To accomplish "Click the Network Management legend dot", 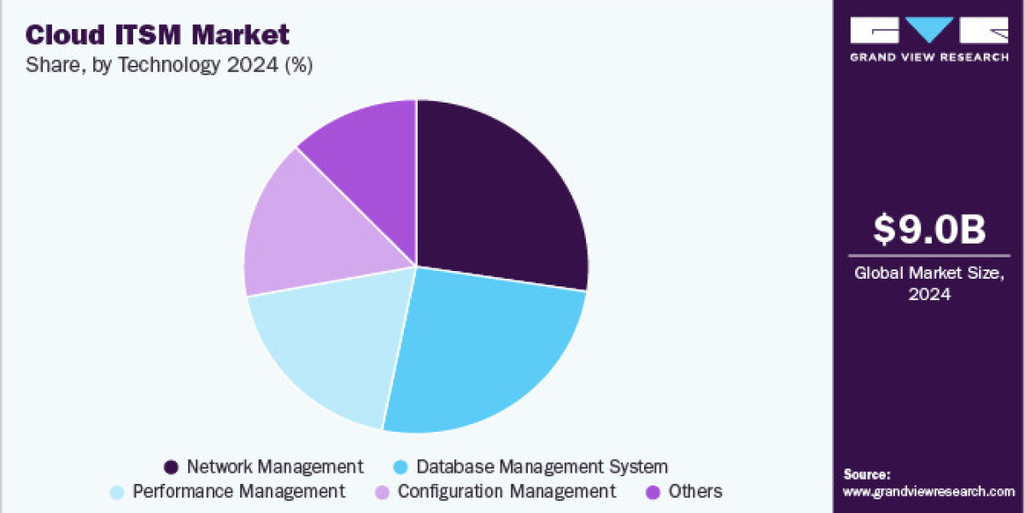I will point(171,467).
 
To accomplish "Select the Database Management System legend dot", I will point(399,467).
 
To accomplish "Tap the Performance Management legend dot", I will point(117,492).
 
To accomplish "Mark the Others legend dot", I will point(654,492).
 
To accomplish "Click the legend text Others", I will point(695,492).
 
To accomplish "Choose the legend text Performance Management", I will point(239,492).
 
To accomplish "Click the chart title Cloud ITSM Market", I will point(157,34).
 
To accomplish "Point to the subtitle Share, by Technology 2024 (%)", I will point(169,66).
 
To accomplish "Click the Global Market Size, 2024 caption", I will point(928,284).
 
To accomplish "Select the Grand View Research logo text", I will point(928,57).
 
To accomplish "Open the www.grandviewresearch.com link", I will point(928,492).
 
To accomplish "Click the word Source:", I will point(867,474).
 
